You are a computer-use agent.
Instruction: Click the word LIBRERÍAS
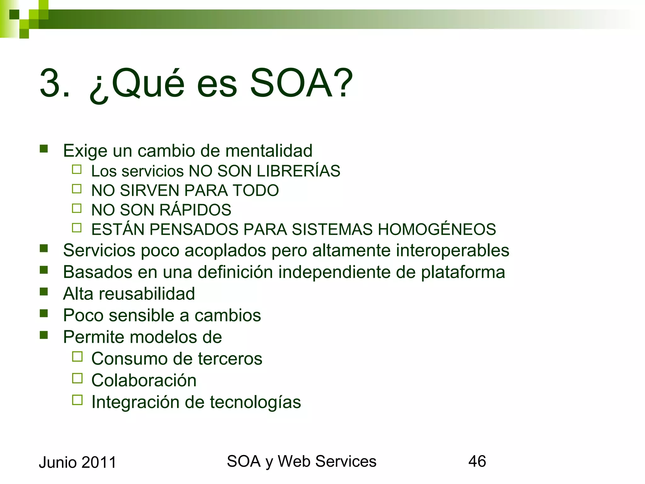coord(298,171)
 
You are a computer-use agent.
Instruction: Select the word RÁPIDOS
coord(195,210)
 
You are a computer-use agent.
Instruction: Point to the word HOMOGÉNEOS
coord(437,229)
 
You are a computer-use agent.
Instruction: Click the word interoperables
coord(452,251)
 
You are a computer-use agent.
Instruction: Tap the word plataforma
coord(463,272)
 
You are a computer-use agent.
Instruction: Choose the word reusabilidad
coord(147,294)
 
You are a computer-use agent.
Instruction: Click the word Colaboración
coord(144,380)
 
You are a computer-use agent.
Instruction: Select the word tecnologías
coord(255,402)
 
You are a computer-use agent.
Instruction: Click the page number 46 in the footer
coord(477,461)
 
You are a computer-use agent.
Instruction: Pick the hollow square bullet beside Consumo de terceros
coord(77,356)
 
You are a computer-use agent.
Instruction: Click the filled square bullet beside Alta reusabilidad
coord(44,292)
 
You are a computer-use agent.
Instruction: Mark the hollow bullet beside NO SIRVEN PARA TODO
coord(77,189)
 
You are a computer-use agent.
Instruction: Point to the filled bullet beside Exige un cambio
coord(44,149)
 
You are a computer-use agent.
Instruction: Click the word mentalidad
coord(269,151)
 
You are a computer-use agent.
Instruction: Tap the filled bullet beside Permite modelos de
coord(44,335)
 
